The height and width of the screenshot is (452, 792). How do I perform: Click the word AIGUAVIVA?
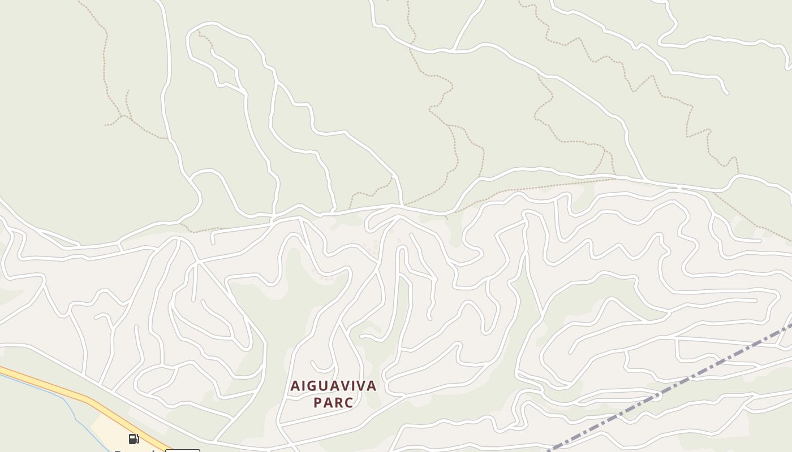(333, 386)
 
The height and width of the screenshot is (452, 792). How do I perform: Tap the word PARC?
(333, 403)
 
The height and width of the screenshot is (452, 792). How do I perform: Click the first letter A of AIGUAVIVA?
(295, 386)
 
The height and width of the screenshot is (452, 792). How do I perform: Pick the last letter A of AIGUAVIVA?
(372, 386)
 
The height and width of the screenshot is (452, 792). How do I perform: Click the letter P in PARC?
(317, 403)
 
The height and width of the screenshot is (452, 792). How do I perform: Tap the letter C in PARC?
(349, 403)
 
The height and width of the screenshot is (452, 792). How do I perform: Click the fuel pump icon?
(134, 439)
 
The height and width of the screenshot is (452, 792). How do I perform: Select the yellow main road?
(57, 387)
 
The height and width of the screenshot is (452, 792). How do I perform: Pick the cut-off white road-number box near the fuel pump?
(182, 450)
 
